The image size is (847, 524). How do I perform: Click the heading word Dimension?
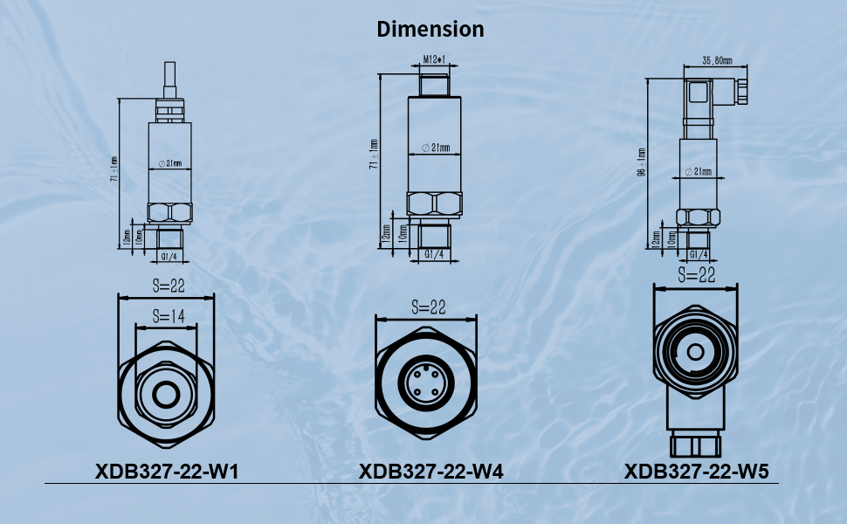[430, 29]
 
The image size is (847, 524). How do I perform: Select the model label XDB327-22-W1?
[167, 472]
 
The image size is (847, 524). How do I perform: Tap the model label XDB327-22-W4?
[431, 472]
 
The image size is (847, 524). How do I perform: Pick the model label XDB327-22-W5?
[696, 472]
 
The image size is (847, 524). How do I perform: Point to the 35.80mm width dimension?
[717, 61]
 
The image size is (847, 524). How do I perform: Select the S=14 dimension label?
[166, 315]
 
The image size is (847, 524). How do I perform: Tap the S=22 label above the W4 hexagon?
[427, 307]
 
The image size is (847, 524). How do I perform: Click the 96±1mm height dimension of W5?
[642, 162]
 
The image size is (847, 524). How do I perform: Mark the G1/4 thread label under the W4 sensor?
[433, 254]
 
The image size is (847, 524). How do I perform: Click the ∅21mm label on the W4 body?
[434, 148]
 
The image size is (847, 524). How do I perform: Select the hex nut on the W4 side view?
[433, 203]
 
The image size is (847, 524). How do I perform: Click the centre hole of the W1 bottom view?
[166, 396]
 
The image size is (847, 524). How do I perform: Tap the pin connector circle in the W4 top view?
[427, 384]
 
